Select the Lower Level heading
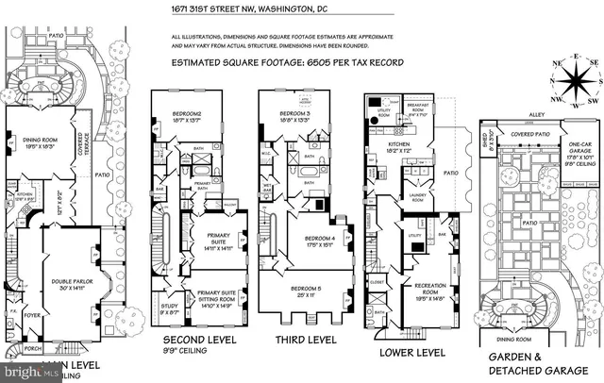[413, 352]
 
